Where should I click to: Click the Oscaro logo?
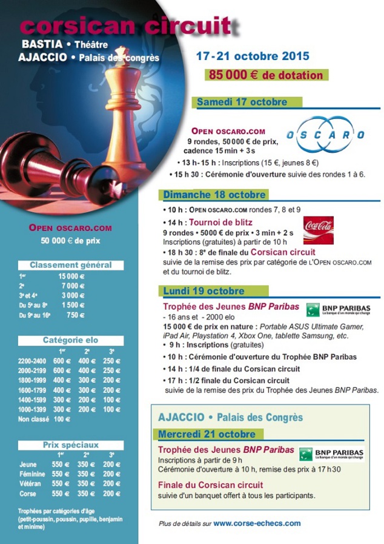click(x=325, y=134)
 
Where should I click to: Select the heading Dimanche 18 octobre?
click(x=214, y=195)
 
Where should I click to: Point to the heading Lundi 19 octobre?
click(x=204, y=290)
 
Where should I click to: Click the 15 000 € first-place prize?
click(x=71, y=276)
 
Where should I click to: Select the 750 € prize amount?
click(x=76, y=315)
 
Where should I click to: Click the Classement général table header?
click(x=70, y=265)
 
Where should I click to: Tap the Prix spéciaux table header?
click(x=70, y=445)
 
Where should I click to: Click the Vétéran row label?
click(x=30, y=483)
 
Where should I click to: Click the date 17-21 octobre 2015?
click(x=252, y=56)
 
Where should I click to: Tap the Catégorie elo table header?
click(x=70, y=340)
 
